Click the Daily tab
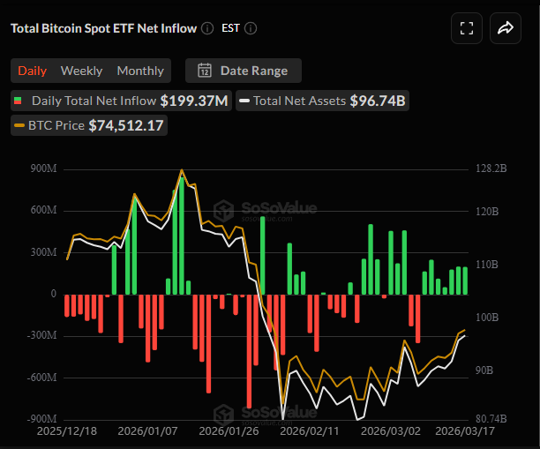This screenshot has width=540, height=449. [33, 71]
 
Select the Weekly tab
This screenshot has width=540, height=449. [81, 71]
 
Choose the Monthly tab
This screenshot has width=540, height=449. [140, 71]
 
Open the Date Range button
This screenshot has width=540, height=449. [243, 71]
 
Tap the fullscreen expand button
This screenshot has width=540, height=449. [467, 28]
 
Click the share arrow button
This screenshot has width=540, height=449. [506, 28]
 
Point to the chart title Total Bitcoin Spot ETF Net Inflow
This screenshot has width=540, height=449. [103, 28]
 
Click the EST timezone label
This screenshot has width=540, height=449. [229, 28]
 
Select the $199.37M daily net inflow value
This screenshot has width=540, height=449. [194, 101]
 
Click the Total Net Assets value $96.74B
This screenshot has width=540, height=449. [378, 101]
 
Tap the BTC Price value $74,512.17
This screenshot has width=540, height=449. [127, 125]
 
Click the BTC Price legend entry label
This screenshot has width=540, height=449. [56, 125]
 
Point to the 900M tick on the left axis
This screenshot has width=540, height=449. [41, 168]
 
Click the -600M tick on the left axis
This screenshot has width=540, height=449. [41, 378]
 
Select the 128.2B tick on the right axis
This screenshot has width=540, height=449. [491, 168]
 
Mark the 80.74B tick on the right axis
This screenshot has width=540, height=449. [491, 419]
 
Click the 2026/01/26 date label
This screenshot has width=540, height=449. [228, 432]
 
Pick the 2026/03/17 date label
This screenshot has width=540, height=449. [466, 432]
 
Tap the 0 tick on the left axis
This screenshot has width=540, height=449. [53, 294]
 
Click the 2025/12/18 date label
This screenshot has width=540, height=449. [67, 432]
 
